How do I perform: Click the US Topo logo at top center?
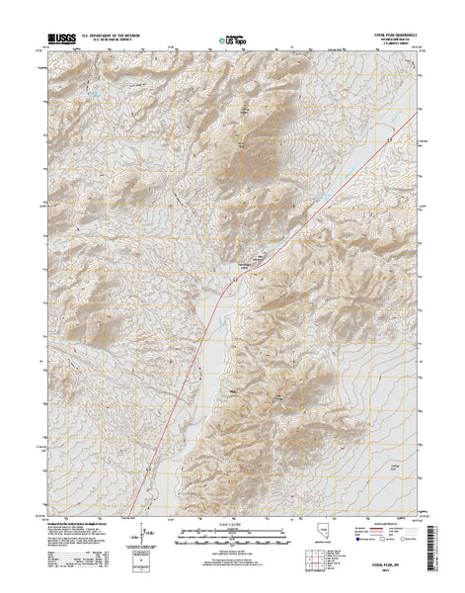(x=232, y=41)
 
